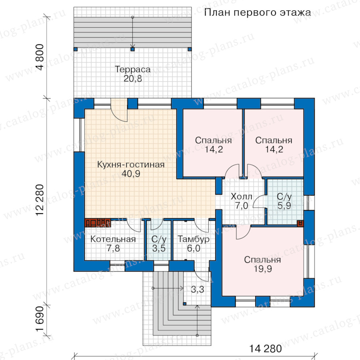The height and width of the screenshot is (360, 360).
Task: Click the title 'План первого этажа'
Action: coord(257,12)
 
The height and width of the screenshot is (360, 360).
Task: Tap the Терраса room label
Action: coord(133,69)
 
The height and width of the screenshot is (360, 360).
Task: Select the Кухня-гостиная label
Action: coord(131,164)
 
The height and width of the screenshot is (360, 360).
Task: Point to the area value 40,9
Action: coord(131,174)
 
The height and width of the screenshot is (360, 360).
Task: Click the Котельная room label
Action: coord(113,239)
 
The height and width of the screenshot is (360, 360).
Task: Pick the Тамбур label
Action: coord(194,239)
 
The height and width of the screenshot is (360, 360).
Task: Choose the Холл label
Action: coord(241,196)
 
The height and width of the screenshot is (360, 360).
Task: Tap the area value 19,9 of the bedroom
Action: coord(263,269)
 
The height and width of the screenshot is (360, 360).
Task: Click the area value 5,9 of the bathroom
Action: coord(284,206)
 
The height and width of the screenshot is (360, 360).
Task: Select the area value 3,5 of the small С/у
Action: coord(159,248)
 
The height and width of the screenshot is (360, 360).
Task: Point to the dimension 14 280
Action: coord(266,348)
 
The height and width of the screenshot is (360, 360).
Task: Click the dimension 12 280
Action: coord(40,200)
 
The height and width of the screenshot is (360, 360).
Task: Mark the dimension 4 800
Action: coord(40,57)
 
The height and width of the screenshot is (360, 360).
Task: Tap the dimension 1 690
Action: coord(40,319)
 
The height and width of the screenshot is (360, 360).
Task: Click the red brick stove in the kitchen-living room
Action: coord(98,223)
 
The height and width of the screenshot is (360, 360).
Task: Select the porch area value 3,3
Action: coord(198,290)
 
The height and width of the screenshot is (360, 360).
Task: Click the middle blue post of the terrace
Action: coord(132,49)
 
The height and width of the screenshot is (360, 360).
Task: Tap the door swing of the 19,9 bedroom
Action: coord(243,232)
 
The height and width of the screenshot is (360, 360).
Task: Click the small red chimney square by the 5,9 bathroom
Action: coord(300,223)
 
